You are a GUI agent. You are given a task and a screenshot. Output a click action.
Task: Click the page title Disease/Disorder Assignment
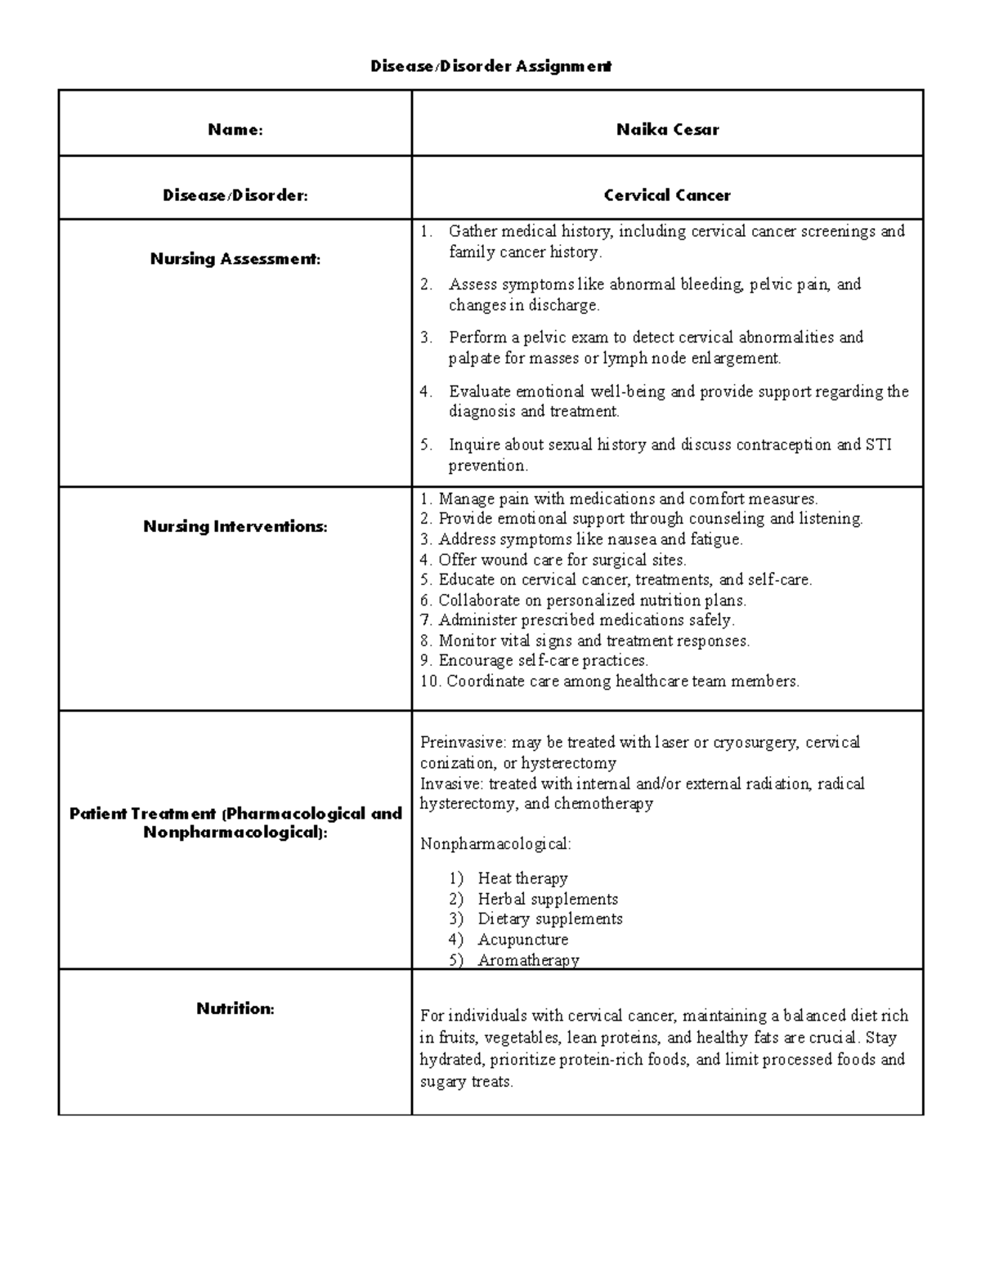[490, 66]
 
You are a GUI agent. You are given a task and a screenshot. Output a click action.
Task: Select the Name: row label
[235, 129]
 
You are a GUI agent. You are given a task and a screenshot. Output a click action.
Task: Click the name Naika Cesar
[667, 129]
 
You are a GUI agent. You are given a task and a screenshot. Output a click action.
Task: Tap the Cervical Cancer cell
[667, 195]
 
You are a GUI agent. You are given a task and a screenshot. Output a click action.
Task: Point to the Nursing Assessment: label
[235, 259]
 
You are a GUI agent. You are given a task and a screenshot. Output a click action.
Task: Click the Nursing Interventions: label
[235, 527]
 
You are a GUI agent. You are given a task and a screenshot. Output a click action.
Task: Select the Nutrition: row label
[235, 1009]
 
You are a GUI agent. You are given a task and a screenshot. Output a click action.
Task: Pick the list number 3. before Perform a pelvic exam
[426, 337]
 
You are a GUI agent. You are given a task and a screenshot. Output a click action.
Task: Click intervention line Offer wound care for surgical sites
[562, 561]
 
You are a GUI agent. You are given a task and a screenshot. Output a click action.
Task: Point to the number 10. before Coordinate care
[430, 681]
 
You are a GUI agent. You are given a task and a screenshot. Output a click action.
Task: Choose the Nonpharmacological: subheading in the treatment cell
[495, 844]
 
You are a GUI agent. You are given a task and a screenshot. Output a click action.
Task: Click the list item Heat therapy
[522, 878]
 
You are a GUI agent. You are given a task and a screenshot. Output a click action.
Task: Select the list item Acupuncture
[522, 940]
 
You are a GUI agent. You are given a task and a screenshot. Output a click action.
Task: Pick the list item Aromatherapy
[528, 960]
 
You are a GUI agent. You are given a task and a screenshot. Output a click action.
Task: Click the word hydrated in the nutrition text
[450, 1060]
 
